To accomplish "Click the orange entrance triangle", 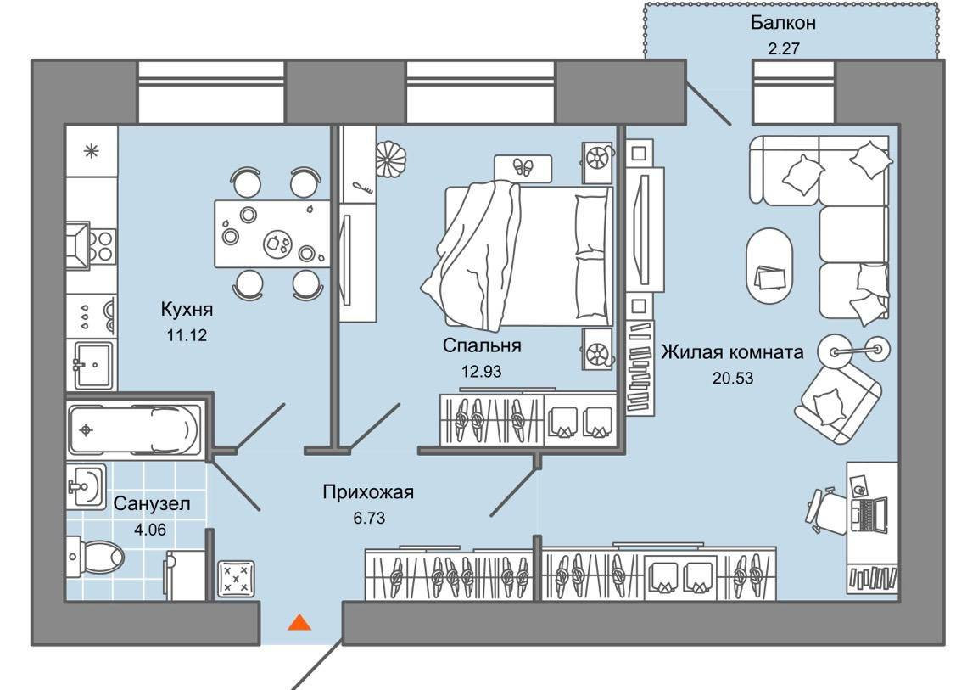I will [299, 623].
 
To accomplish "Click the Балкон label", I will [782, 23].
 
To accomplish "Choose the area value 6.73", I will [369, 517].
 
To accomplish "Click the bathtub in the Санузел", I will [136, 429].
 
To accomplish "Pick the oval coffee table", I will [769, 265].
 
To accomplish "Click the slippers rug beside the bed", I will [523, 167].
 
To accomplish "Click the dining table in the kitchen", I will [271, 233].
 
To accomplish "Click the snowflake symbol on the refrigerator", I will [91, 152].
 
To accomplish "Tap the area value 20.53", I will [733, 377].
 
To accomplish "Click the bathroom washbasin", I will [86, 486].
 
